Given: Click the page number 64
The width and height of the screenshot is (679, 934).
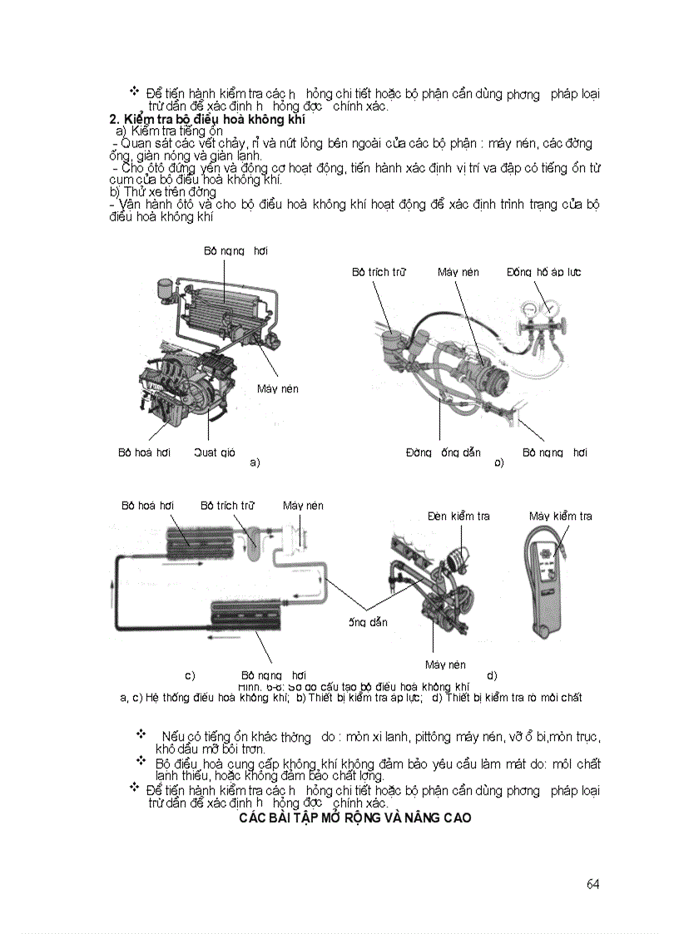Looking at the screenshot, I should [592, 883].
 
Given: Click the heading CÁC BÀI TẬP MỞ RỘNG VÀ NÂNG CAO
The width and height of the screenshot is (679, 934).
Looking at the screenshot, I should [355, 818].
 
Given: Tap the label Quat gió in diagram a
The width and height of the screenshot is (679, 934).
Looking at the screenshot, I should [215, 452].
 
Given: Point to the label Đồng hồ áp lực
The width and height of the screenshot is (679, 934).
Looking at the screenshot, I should [544, 272].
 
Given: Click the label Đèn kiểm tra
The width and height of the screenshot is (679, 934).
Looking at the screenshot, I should [458, 516].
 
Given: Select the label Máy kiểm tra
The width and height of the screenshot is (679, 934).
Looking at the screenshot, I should [561, 516].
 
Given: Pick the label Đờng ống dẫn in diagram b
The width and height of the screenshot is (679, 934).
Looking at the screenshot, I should [443, 452].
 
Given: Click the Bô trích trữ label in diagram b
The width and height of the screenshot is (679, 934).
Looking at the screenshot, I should [378, 272].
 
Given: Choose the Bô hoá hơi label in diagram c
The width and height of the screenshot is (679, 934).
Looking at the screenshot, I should [147, 505].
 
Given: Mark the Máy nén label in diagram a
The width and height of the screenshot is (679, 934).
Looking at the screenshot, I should [277, 388].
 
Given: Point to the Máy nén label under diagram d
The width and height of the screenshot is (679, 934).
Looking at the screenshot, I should [445, 665].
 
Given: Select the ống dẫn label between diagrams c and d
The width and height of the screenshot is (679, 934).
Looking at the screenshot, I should [367, 622].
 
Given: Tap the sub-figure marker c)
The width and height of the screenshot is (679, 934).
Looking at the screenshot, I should [190, 675].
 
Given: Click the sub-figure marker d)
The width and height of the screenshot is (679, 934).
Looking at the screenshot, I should [492, 675].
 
